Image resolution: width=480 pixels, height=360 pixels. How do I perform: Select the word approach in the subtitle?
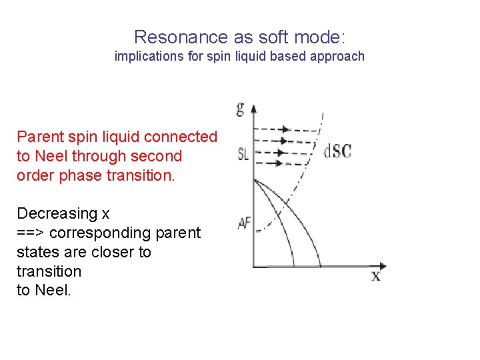pyautogui.click(x=338, y=57)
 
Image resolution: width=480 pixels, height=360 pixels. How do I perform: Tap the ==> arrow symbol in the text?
pyautogui.click(x=31, y=233)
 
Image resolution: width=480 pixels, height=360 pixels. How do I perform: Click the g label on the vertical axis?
pyautogui.click(x=240, y=109)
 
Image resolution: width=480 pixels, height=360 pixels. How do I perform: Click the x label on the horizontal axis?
pyautogui.click(x=376, y=275)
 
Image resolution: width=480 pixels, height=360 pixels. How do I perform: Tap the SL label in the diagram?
pyautogui.click(x=243, y=154)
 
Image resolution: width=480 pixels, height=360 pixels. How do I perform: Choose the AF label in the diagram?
pyautogui.click(x=244, y=223)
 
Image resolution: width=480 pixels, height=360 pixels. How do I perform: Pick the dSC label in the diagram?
pyautogui.click(x=338, y=151)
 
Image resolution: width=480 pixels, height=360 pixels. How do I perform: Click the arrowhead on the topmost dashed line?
pyautogui.click(x=286, y=129)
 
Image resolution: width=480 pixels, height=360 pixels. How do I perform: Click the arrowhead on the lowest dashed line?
pyautogui.click(x=279, y=164)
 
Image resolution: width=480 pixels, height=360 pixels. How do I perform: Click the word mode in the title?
pyautogui.click(x=321, y=37)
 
